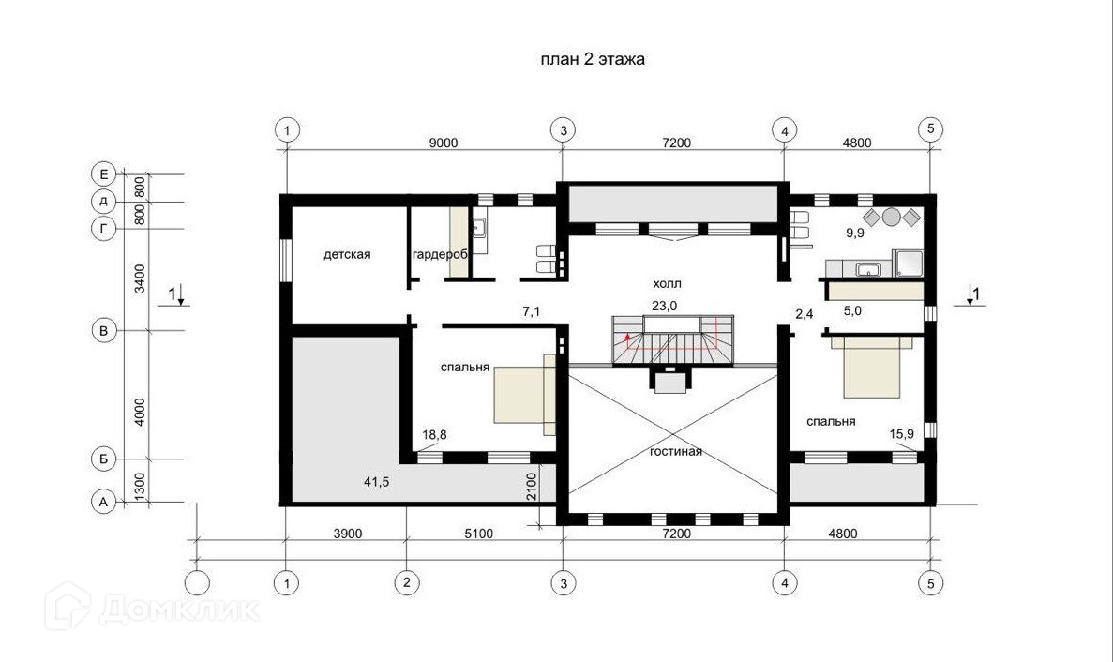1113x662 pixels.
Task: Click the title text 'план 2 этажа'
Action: click(x=593, y=59)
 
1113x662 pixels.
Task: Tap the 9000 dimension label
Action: click(x=443, y=143)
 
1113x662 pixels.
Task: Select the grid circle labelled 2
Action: click(x=407, y=583)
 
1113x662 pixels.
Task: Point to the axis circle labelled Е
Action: click(x=104, y=173)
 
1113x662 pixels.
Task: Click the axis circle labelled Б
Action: click(x=104, y=459)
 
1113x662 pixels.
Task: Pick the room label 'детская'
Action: click(x=347, y=254)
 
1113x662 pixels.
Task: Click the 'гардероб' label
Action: click(x=440, y=254)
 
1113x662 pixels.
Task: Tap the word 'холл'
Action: click(x=668, y=284)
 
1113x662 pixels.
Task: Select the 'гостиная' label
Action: click(x=676, y=451)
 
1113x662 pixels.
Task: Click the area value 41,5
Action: click(x=376, y=482)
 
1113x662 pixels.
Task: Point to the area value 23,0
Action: click(x=665, y=306)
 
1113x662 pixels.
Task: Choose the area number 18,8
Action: click(x=434, y=434)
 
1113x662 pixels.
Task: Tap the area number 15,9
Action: click(x=901, y=433)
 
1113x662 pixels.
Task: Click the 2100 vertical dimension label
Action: click(x=533, y=488)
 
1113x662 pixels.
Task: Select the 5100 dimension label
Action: click(x=478, y=534)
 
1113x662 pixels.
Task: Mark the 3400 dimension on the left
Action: click(x=140, y=278)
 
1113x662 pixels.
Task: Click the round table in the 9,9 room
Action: click(x=892, y=217)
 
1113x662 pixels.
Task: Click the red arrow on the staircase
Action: click(x=626, y=336)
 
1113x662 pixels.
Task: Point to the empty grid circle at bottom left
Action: click(x=197, y=583)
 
